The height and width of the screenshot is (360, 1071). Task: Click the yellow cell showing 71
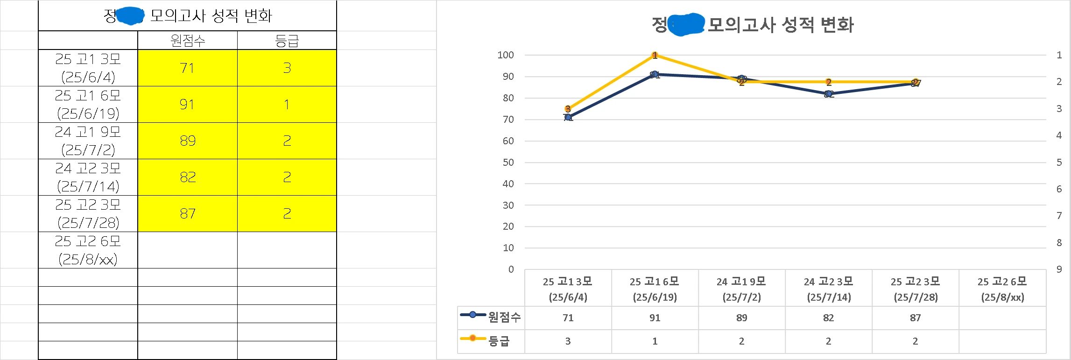187,68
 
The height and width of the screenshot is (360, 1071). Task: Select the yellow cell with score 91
187,104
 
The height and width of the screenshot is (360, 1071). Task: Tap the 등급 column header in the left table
287,41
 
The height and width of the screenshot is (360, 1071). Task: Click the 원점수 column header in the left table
187,41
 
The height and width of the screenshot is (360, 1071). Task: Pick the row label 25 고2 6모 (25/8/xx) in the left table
88,250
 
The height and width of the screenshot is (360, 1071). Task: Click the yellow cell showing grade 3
287,68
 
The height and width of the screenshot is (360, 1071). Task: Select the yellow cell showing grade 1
287,104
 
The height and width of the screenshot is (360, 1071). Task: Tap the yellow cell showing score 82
187,177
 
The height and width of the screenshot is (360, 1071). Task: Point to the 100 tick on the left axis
506,55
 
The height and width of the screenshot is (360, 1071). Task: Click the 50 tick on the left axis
508,162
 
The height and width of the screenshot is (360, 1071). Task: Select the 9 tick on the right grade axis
1059,269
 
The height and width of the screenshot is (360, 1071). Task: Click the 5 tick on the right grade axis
1059,162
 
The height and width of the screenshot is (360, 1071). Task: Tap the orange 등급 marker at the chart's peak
655,56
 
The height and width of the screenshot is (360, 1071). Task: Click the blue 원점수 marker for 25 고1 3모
568,117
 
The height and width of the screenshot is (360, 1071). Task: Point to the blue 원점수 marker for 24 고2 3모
828,94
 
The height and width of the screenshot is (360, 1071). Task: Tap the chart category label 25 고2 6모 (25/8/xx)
1002,289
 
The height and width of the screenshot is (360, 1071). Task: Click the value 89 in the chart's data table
741,318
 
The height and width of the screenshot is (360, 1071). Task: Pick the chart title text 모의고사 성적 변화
780,25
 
